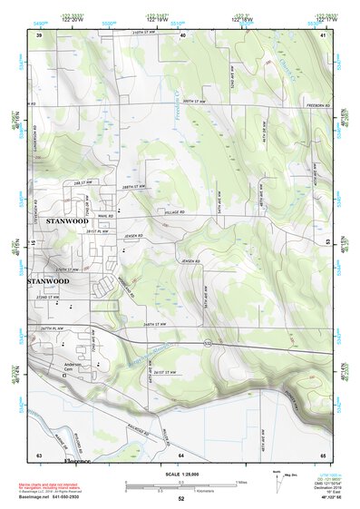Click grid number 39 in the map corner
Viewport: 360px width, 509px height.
[39, 34]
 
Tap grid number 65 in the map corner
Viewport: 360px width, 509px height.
[323, 454]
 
